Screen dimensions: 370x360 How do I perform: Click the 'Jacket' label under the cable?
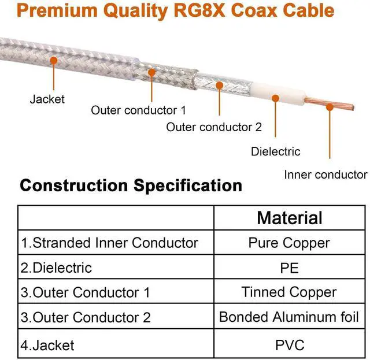(x=47, y=99)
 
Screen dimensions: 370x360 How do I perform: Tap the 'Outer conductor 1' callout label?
(x=139, y=110)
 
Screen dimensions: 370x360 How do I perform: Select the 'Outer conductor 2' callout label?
(x=214, y=127)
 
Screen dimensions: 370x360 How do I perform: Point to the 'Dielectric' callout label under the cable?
(x=276, y=152)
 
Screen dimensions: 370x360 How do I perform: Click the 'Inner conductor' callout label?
(x=325, y=175)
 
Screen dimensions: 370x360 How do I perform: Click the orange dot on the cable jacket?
(x=54, y=60)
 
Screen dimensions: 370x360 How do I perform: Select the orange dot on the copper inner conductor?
(x=330, y=107)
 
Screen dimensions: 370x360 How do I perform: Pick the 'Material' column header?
(x=290, y=218)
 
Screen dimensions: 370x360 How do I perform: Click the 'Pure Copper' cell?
(x=289, y=243)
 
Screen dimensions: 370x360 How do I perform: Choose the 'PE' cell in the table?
(x=289, y=268)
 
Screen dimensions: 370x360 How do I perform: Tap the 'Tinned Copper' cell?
(x=289, y=292)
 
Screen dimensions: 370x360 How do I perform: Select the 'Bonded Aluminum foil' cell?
(x=289, y=317)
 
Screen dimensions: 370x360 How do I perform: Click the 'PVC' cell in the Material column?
(x=289, y=346)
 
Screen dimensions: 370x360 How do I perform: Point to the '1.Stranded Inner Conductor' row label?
(x=110, y=243)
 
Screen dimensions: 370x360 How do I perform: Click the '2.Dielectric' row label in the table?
(x=57, y=268)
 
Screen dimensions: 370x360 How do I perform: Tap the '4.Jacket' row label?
(x=48, y=346)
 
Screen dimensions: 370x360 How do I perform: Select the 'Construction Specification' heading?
(x=131, y=185)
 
